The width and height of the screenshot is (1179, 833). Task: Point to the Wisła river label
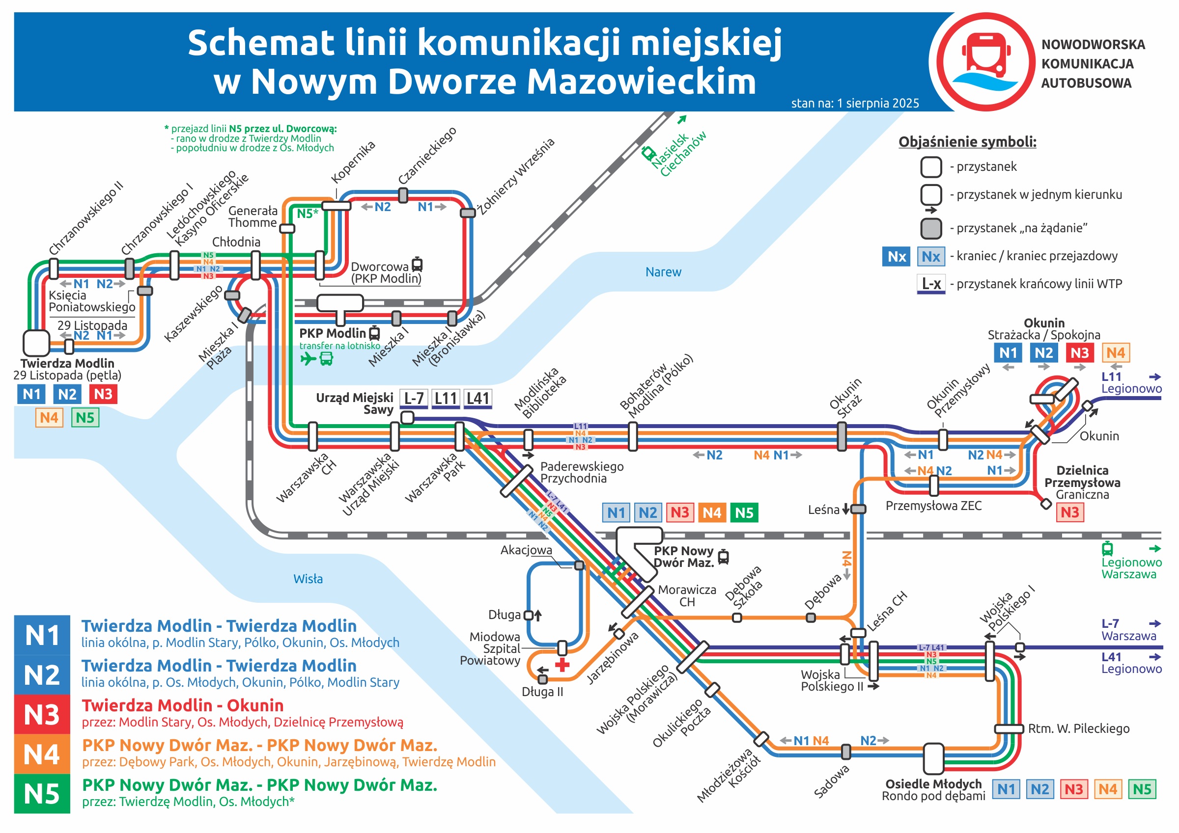click(x=308, y=579)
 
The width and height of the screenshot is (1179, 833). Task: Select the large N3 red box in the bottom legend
click(x=42, y=714)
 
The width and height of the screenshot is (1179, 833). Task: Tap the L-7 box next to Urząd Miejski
click(x=413, y=398)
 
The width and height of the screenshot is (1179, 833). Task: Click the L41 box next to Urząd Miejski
click(x=477, y=398)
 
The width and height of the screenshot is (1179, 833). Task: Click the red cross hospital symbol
click(x=562, y=665)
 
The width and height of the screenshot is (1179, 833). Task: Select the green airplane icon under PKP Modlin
click(x=308, y=358)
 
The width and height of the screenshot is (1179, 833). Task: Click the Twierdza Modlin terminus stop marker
click(x=36, y=343)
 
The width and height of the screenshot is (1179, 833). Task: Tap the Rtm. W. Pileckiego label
click(x=1078, y=728)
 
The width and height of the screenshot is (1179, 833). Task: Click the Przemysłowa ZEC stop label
click(x=933, y=506)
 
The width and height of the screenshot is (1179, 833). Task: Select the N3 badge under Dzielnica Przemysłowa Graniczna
click(x=1069, y=512)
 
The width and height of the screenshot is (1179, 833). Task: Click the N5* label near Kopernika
click(x=308, y=214)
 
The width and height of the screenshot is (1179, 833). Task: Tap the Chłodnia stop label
click(x=236, y=242)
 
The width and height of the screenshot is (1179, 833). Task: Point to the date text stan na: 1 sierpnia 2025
click(x=854, y=103)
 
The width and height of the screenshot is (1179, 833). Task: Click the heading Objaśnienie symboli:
click(x=967, y=142)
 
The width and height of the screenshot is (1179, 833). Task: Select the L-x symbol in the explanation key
click(x=931, y=284)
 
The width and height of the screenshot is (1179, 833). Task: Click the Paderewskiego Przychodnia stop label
click(x=581, y=472)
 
